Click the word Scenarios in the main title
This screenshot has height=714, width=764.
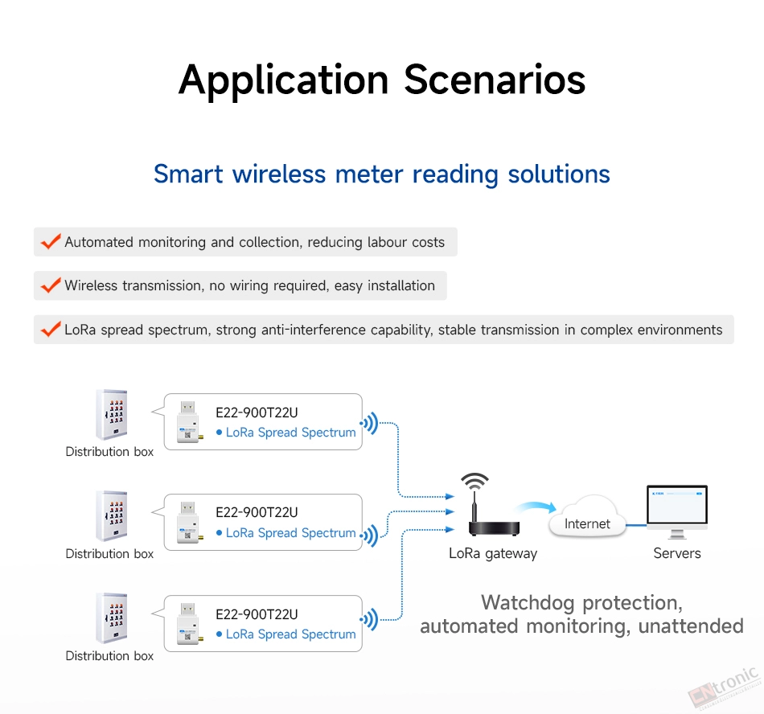[495, 80]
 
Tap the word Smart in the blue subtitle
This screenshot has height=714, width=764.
[188, 174]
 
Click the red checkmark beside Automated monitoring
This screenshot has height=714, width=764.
[51, 241]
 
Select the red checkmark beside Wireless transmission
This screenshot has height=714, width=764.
[51, 285]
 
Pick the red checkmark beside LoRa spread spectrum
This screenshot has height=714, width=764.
[51, 329]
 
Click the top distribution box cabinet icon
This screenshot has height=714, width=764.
[112, 414]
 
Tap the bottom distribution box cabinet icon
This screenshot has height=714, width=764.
[112, 618]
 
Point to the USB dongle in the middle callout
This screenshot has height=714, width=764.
[189, 522]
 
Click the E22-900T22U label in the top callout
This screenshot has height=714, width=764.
[257, 412]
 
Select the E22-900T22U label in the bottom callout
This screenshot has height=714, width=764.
[257, 614]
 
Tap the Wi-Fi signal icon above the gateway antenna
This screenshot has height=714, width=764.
[474, 481]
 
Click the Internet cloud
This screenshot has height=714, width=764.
[587, 517]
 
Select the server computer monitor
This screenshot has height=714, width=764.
[677, 511]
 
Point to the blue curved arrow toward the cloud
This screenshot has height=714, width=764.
[536, 507]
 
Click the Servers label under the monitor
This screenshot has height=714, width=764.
[677, 553]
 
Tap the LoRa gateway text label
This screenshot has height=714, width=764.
[493, 554]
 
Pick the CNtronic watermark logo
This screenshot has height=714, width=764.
[725, 687]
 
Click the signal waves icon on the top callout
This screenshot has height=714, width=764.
[369, 423]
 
